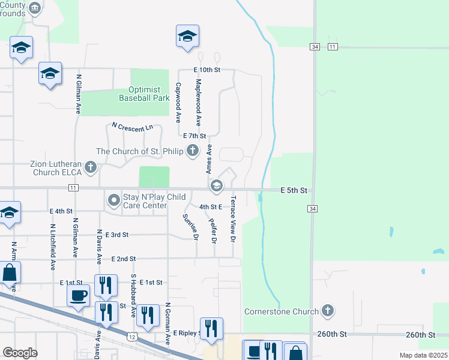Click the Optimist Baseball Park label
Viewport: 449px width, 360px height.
click(x=144, y=93)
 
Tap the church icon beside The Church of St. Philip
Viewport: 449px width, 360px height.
click(x=193, y=151)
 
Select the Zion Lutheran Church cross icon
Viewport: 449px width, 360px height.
click(x=91, y=167)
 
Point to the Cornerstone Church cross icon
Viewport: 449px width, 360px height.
click(x=327, y=311)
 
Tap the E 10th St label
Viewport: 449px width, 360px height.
click(x=207, y=70)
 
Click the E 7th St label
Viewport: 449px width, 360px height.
click(x=194, y=137)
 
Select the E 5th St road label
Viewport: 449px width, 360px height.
click(x=294, y=191)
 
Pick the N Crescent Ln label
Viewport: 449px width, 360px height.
click(x=133, y=128)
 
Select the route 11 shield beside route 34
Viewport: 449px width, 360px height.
click(x=333, y=47)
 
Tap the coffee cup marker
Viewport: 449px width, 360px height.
click(x=79, y=295)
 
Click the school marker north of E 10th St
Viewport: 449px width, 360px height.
click(x=187, y=37)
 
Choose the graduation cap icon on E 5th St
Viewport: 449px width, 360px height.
click(x=216, y=187)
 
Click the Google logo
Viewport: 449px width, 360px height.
click(x=20, y=353)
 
